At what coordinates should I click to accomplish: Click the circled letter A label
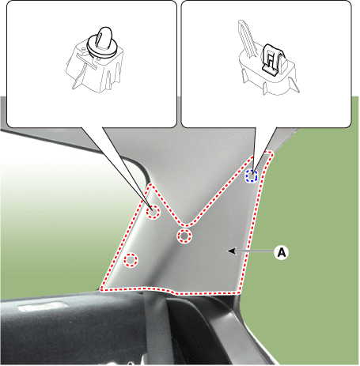[x=282, y=252]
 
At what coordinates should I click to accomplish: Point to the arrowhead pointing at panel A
[x=231, y=251]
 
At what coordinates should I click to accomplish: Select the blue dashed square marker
[x=252, y=175]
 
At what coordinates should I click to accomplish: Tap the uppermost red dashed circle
[x=153, y=212]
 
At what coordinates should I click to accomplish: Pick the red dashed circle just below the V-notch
[x=184, y=236]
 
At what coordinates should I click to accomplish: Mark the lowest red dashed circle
[x=131, y=260]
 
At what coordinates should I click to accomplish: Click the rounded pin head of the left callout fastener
[x=104, y=38]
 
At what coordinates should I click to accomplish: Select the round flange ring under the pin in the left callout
[x=102, y=47]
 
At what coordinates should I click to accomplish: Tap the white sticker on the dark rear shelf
[x=42, y=307]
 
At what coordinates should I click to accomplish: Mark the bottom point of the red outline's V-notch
[x=187, y=225]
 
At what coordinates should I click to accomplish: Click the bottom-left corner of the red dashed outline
[x=101, y=289]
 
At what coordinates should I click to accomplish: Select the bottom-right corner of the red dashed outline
[x=239, y=292]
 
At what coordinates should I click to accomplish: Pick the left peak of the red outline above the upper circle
[x=151, y=184]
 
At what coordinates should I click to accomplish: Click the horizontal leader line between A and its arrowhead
[x=255, y=251]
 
